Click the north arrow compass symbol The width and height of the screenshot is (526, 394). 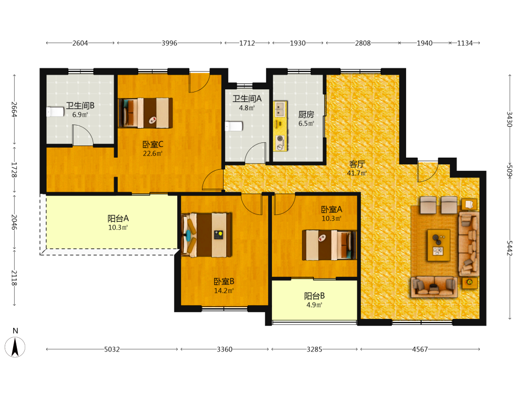(x=15, y=347)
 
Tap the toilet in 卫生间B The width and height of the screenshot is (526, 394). (x=55, y=111)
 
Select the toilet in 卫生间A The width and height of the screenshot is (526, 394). (x=234, y=126)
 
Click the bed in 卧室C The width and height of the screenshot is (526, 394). (x=146, y=113)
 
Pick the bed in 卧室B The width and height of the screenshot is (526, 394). (x=206, y=235)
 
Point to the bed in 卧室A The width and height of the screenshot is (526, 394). (x=329, y=245)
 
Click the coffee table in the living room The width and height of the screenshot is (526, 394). (x=439, y=245)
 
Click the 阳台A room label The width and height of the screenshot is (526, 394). (x=118, y=219)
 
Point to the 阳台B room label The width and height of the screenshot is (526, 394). (x=315, y=296)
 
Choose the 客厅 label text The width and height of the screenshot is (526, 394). (x=357, y=164)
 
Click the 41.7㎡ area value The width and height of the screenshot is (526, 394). (x=357, y=173)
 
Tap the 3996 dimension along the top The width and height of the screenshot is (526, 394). (x=169, y=43)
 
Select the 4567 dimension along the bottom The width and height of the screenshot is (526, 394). (x=420, y=349)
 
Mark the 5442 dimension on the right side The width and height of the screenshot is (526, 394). (x=510, y=248)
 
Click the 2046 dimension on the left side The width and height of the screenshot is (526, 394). (x=14, y=222)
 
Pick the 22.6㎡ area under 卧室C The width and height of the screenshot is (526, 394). (x=153, y=153)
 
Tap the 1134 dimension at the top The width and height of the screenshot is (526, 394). (x=465, y=43)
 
